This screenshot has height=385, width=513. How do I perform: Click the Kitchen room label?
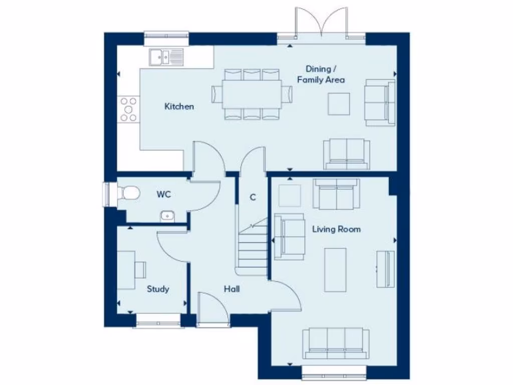pos(179,107)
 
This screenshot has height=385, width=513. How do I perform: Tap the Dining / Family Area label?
pos(321,74)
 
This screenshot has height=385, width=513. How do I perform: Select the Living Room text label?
pos(336,229)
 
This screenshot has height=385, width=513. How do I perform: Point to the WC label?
pos(163,195)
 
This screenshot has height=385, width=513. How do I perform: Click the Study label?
pos(158,289)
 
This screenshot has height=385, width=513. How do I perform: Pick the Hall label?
pos(231,289)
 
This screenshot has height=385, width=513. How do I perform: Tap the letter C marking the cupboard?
pos(253,197)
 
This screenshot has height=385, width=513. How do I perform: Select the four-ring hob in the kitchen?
pos(128,109)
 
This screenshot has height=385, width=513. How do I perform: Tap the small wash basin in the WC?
pos(167,216)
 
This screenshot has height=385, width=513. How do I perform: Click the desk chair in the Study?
pos(140,270)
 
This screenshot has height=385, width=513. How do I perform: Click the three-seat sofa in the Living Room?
pos(336,344)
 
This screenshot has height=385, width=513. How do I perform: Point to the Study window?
pos(157,321)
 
